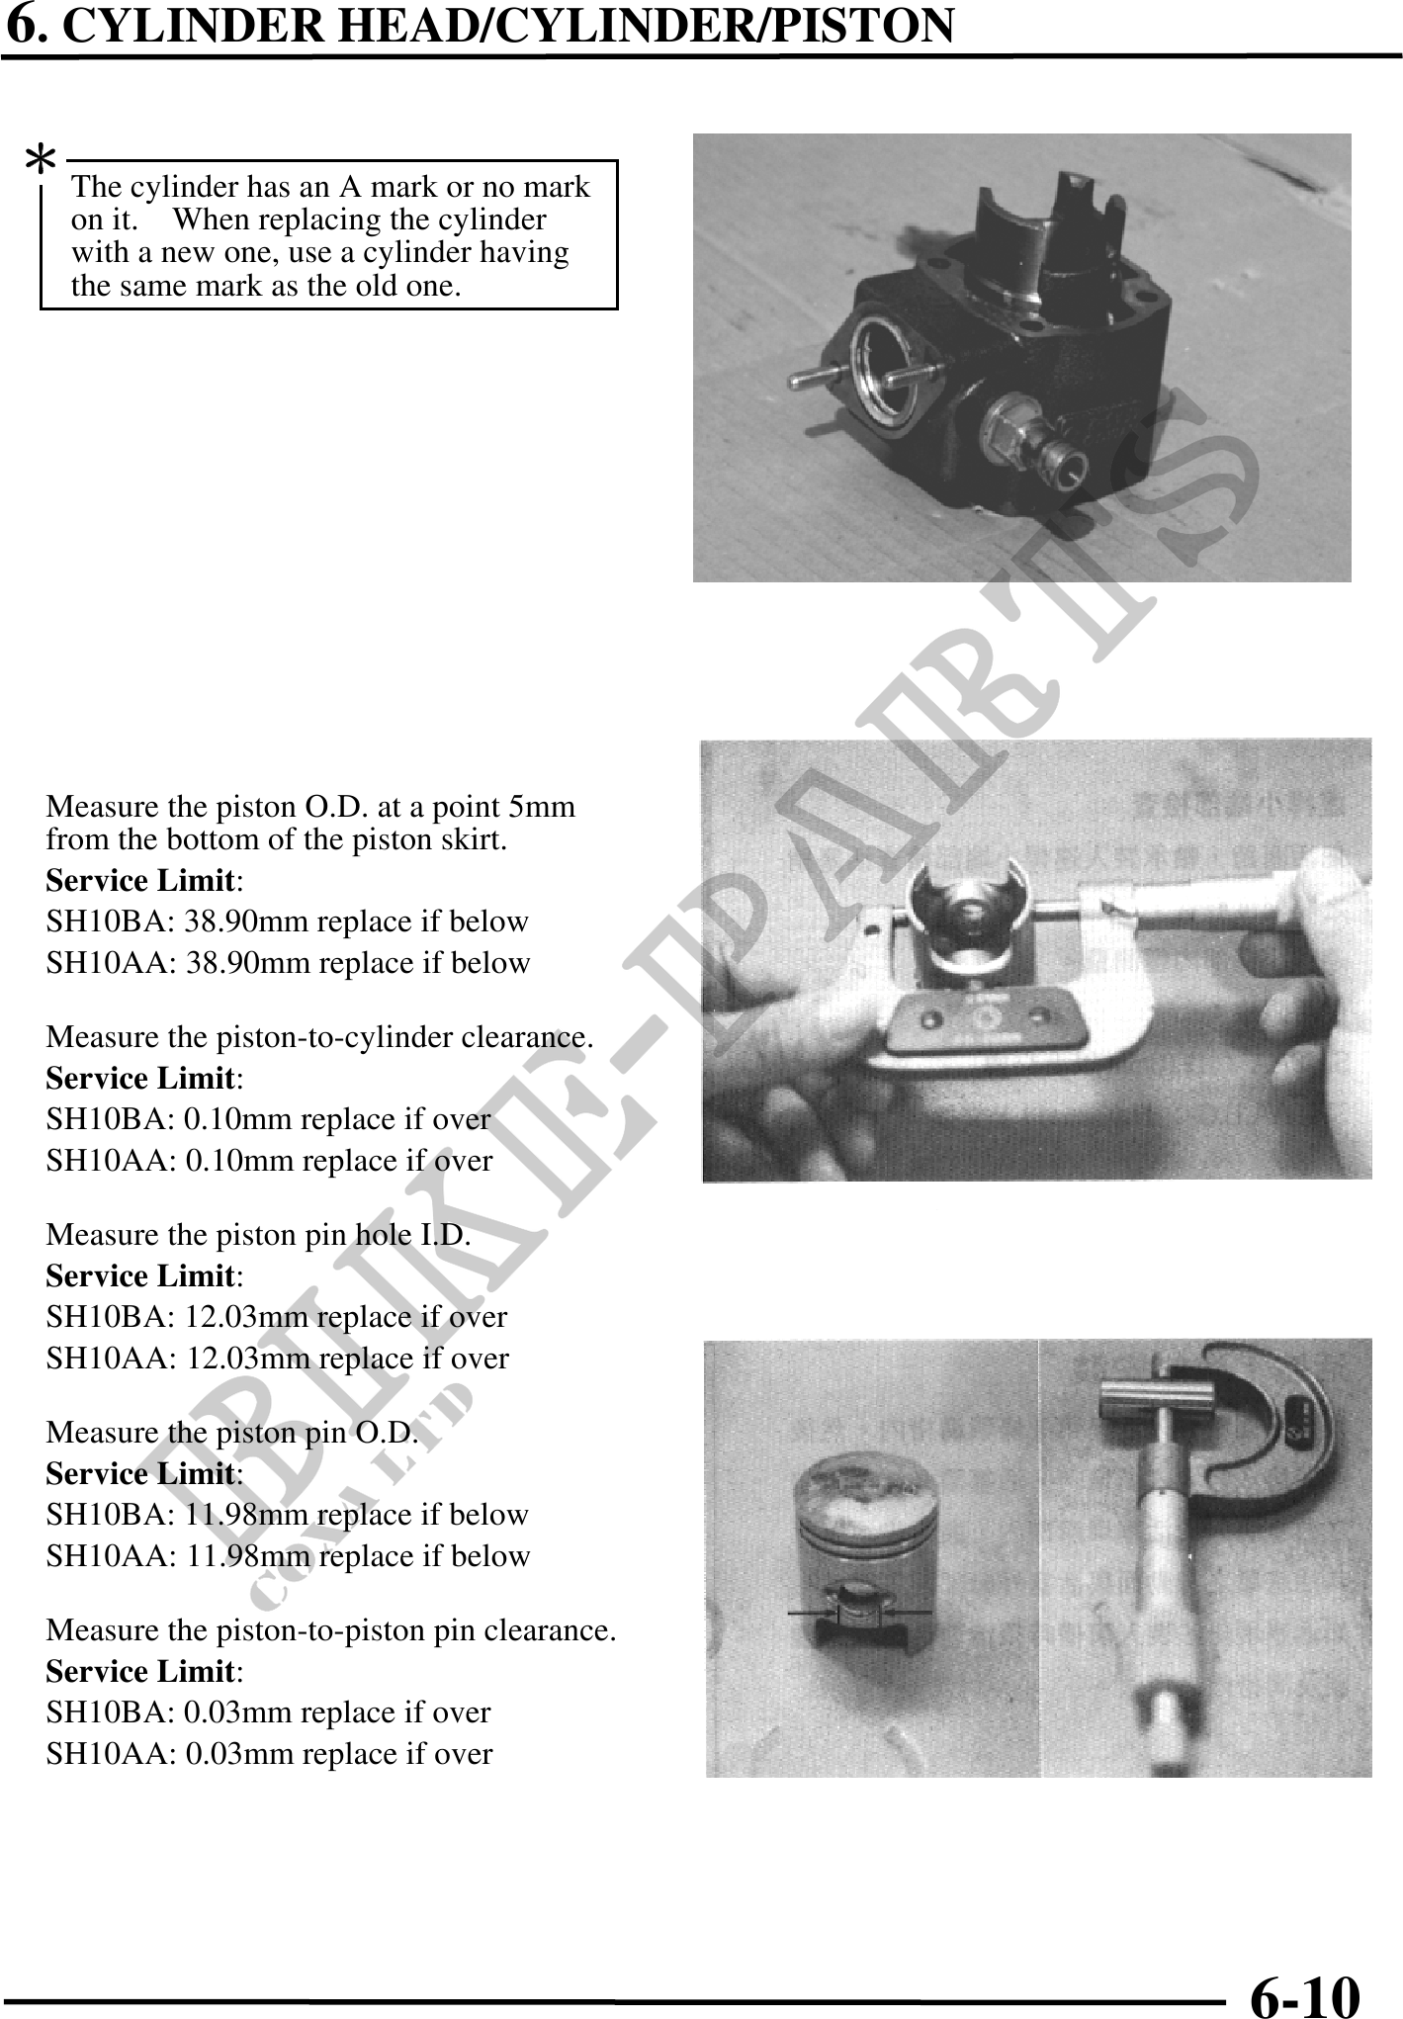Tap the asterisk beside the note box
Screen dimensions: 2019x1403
coord(41,160)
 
